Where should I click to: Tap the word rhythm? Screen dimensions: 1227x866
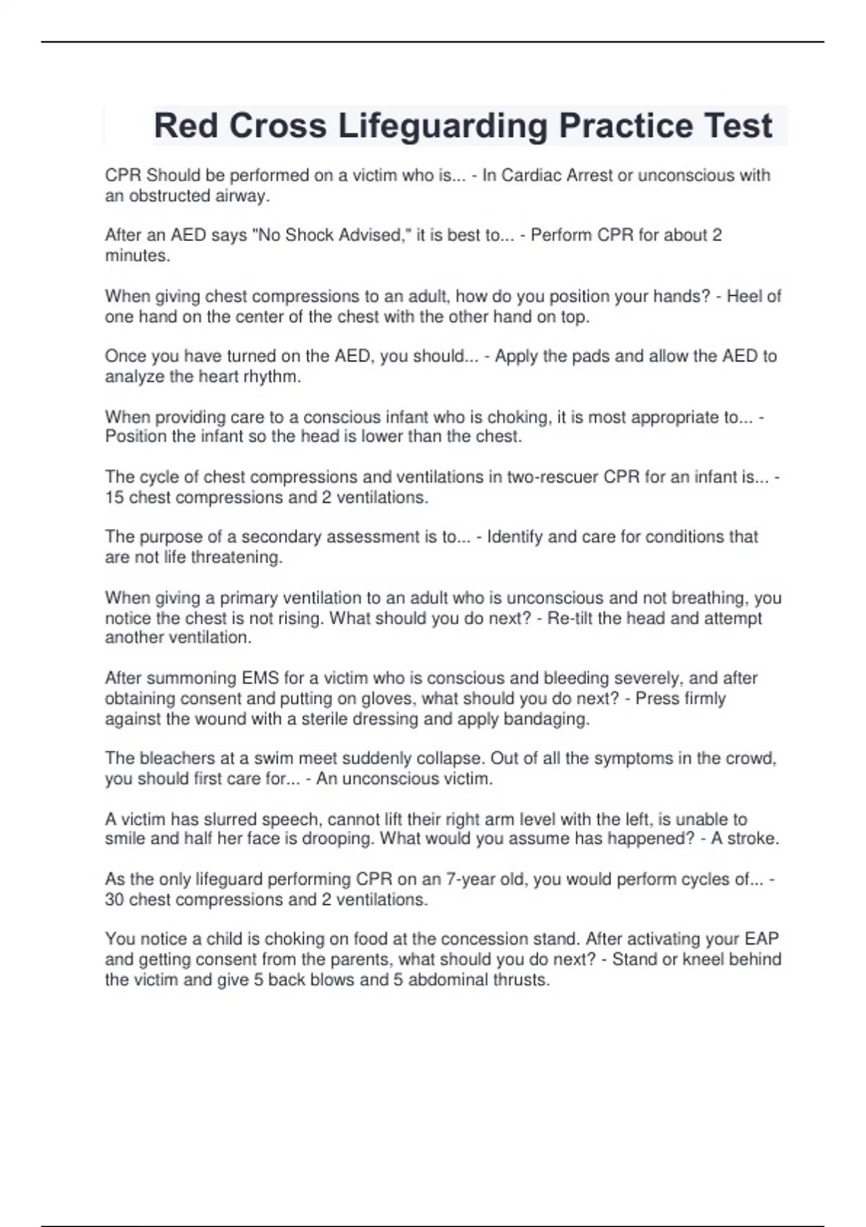click(x=274, y=376)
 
